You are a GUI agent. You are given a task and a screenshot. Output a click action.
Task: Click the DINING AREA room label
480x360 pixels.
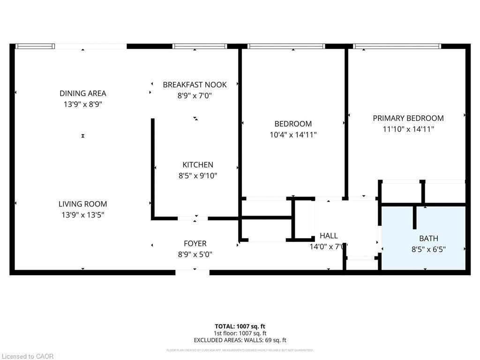[82, 93]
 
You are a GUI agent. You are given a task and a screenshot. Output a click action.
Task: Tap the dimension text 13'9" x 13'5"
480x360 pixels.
[82, 215]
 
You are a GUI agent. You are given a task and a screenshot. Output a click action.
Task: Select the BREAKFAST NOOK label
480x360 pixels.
[195, 85]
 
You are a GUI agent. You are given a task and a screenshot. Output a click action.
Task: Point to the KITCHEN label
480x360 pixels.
[197, 165]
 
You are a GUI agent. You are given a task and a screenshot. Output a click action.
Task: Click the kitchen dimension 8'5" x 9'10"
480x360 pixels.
[197, 176]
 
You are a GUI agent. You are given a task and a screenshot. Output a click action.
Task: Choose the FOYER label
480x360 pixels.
[195, 244]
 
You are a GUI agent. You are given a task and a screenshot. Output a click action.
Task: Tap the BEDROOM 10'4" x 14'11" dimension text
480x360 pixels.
[293, 135]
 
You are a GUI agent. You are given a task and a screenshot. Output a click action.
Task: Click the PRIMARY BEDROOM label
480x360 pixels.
[408, 118]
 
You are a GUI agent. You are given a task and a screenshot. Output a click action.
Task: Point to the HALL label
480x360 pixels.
[328, 236]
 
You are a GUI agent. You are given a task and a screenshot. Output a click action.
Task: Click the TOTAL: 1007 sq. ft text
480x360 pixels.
[240, 326]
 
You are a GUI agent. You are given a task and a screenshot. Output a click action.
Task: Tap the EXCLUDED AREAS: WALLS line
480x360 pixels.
[240, 340]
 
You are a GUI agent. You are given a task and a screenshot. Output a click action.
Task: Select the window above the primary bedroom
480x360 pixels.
[397, 46]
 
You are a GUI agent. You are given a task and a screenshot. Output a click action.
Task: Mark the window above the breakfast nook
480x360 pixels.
[200, 46]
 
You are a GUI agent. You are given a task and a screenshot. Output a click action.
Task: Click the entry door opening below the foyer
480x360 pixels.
[192, 272]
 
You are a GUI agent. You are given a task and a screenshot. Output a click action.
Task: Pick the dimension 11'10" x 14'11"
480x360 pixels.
[408, 129]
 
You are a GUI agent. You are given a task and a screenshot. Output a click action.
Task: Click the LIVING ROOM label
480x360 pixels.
[82, 204]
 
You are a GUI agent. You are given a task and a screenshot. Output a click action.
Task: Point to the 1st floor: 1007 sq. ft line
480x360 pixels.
[240, 333]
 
